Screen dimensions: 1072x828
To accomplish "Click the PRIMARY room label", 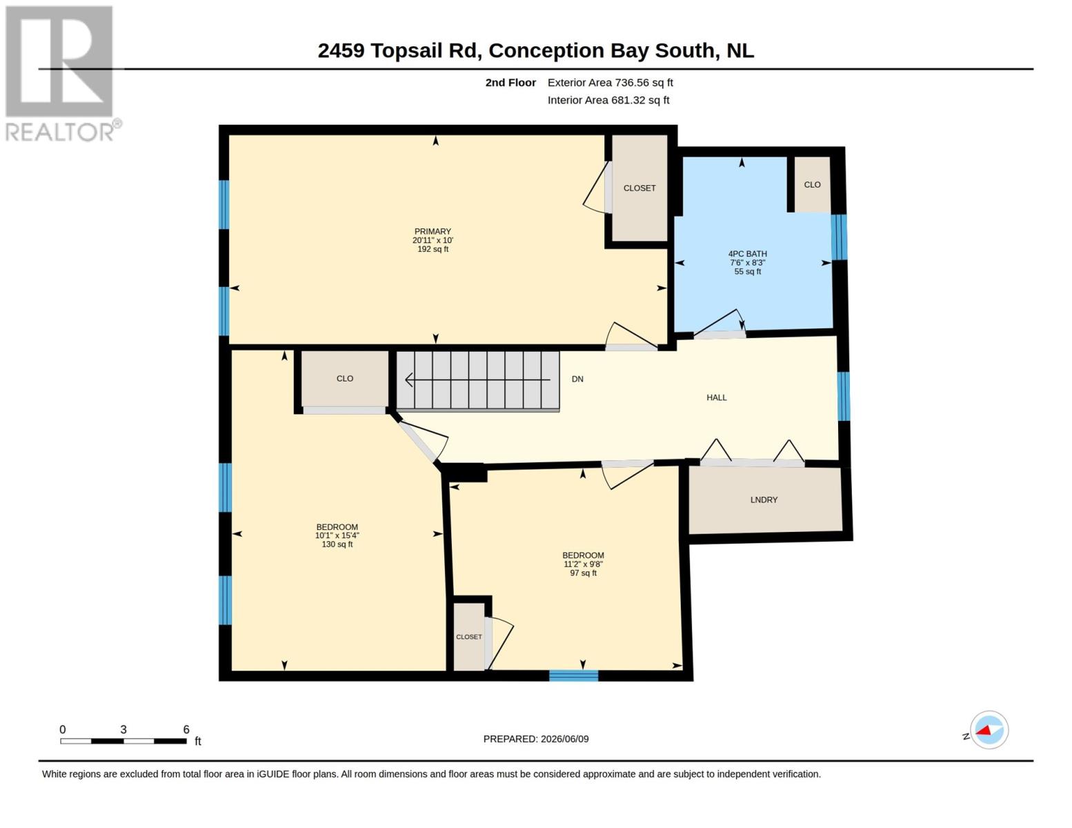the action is pyautogui.click(x=433, y=231).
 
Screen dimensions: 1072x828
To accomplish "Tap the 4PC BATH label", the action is pyautogui.click(x=747, y=254).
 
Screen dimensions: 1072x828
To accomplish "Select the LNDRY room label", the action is pyautogui.click(x=764, y=500).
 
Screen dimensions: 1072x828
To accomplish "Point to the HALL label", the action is pyautogui.click(x=716, y=397).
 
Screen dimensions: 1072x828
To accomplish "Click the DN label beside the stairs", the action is pyautogui.click(x=577, y=379).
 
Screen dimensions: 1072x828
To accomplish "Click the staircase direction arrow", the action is pyautogui.click(x=477, y=379).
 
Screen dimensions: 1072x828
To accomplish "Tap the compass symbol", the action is pyautogui.click(x=989, y=730).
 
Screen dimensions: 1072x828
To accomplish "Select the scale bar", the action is pyautogui.click(x=123, y=740).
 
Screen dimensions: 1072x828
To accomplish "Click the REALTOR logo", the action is pyautogui.click(x=61, y=73).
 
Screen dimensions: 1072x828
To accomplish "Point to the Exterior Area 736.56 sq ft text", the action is pyautogui.click(x=611, y=82).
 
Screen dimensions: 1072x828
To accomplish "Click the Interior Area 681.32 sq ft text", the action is pyautogui.click(x=608, y=100).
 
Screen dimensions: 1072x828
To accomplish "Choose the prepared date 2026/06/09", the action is pyautogui.click(x=564, y=739).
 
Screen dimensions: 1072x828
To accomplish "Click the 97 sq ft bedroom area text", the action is pyautogui.click(x=583, y=573).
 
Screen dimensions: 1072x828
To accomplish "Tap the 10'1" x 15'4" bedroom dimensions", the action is pyautogui.click(x=337, y=535).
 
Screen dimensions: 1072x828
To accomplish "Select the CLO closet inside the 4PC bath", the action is pyautogui.click(x=811, y=184).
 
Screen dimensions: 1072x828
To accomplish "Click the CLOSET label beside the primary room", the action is pyautogui.click(x=639, y=188).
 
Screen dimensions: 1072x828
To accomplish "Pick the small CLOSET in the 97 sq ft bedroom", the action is pyautogui.click(x=468, y=637).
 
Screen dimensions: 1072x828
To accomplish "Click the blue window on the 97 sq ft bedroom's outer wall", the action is pyautogui.click(x=574, y=676).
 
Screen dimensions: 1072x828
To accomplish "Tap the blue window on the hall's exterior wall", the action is pyautogui.click(x=844, y=396).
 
